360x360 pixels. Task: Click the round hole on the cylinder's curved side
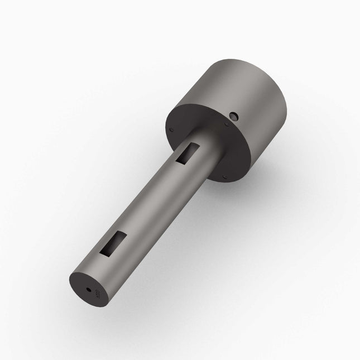pyautogui.click(x=234, y=116)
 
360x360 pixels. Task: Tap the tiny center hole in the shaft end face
pyautogui.click(x=89, y=289)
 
